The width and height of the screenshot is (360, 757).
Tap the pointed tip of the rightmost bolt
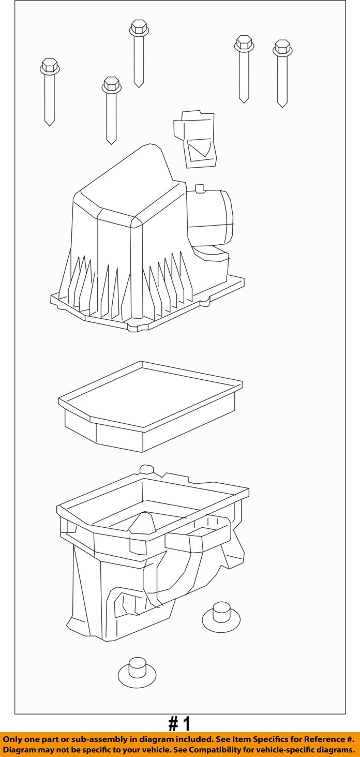point(282,107)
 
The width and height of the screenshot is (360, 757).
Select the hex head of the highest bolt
point(139,28)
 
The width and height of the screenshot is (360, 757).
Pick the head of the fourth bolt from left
point(244,43)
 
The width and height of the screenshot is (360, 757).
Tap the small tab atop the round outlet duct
point(201,188)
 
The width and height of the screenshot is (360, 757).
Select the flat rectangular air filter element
point(151,406)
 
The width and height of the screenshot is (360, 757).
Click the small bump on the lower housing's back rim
point(146,469)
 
